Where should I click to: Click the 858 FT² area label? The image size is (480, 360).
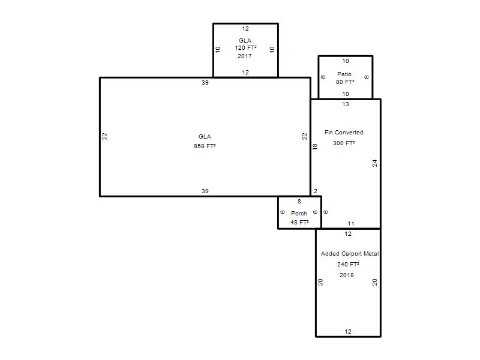[x=205, y=146]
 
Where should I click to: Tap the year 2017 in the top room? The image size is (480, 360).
[x=245, y=56]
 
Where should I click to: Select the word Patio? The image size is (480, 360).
[x=344, y=74]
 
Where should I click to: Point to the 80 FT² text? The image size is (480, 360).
[x=345, y=82]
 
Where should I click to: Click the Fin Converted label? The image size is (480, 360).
[x=344, y=132]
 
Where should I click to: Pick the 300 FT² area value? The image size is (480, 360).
[x=344, y=143]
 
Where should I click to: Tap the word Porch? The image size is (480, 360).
[x=299, y=214]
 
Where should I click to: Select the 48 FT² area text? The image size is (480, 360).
[x=299, y=222]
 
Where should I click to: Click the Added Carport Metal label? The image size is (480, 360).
[x=350, y=253]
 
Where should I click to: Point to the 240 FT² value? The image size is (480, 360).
[x=348, y=264]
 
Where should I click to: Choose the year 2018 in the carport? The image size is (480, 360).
[x=347, y=275]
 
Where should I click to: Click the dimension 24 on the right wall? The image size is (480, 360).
[x=374, y=163]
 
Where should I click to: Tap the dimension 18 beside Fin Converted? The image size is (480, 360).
[x=315, y=146]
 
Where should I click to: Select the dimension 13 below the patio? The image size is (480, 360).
[x=346, y=104]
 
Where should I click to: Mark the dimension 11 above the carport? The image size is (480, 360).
[x=351, y=223]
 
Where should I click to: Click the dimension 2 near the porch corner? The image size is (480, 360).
[x=316, y=191]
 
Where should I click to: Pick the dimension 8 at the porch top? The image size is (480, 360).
[x=299, y=201]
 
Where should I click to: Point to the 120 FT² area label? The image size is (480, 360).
[x=245, y=48]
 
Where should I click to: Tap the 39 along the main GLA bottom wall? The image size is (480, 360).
[x=205, y=191]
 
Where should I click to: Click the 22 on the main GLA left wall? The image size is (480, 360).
[x=104, y=136]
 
